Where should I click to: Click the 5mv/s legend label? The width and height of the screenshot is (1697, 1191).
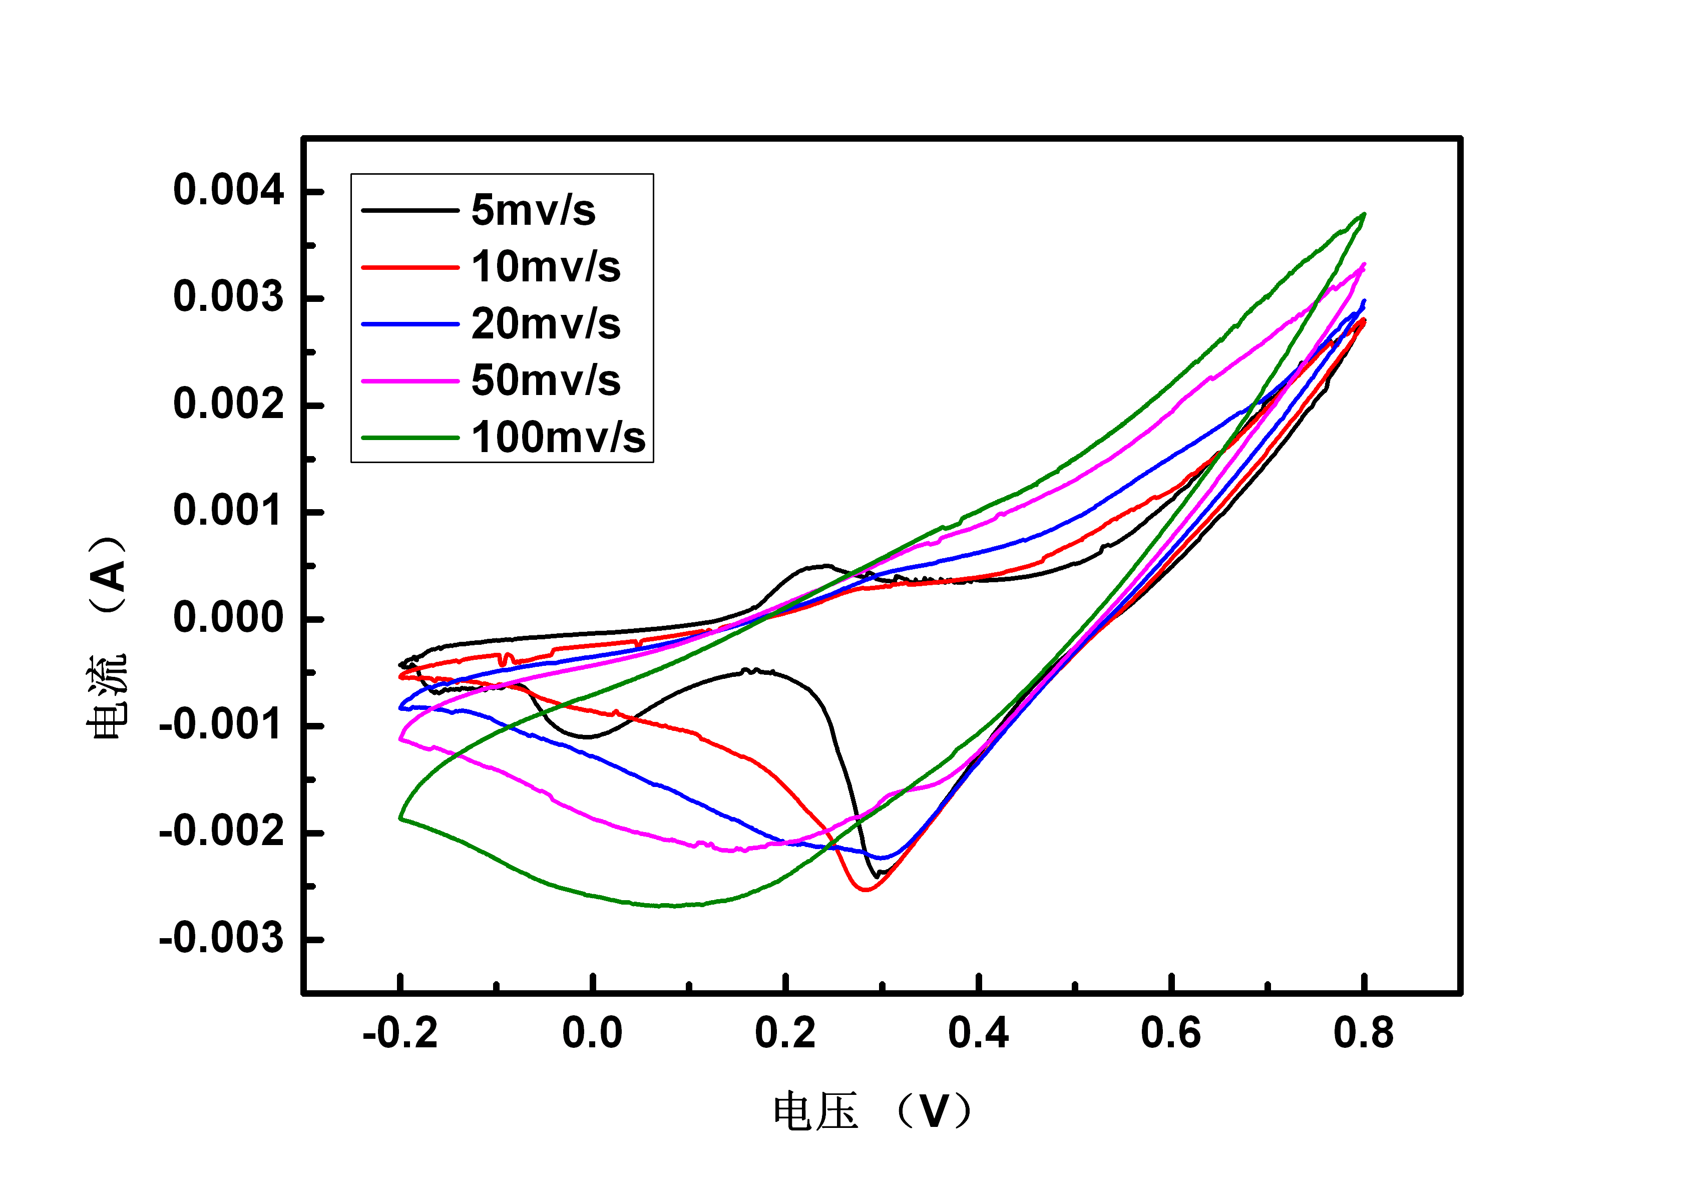[x=533, y=210]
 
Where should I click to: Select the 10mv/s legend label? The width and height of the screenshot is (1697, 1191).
[x=546, y=266]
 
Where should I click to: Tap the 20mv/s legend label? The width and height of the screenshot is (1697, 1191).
[x=546, y=324]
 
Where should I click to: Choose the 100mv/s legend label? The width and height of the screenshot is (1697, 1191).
[x=558, y=437]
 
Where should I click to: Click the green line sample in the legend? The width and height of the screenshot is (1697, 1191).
[x=410, y=438]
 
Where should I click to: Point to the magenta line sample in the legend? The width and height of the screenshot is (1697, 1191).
[x=410, y=381]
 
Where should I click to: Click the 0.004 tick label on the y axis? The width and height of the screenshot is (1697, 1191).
[x=228, y=190]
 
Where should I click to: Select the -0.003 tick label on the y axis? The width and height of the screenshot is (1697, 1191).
[x=221, y=938]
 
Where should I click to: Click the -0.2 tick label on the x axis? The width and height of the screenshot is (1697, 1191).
[x=400, y=1033]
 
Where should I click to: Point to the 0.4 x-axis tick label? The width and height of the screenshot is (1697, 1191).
[x=978, y=1033]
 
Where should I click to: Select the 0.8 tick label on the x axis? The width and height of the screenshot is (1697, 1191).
[x=1363, y=1033]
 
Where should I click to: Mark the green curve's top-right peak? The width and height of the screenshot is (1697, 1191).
[x=1364, y=214]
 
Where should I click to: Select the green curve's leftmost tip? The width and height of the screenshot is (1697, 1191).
[x=400, y=818]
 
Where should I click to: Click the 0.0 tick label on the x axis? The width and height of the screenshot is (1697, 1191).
[x=592, y=1033]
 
